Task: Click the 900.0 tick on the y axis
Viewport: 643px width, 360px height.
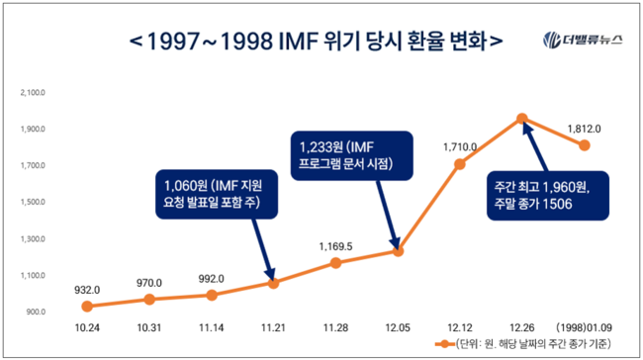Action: point(35,312)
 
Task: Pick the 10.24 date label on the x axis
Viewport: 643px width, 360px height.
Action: point(87,325)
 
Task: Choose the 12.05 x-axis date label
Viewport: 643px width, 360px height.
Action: point(398,325)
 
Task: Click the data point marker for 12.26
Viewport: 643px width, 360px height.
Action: point(522,119)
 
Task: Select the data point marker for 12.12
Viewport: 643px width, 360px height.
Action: point(460,164)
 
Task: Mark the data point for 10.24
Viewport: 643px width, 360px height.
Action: point(87,306)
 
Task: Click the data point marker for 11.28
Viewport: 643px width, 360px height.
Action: point(335,262)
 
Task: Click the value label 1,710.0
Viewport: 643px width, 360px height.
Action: point(460,146)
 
